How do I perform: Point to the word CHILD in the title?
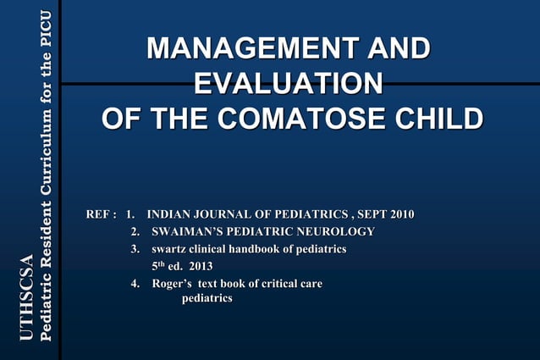tap(439, 119)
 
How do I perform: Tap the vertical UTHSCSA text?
tap(25, 298)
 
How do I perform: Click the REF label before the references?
tap(99, 213)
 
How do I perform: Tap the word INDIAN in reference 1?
tap(170, 213)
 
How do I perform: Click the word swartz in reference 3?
tap(168, 249)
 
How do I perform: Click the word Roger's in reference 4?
tap(172, 284)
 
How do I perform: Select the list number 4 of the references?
tap(135, 284)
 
